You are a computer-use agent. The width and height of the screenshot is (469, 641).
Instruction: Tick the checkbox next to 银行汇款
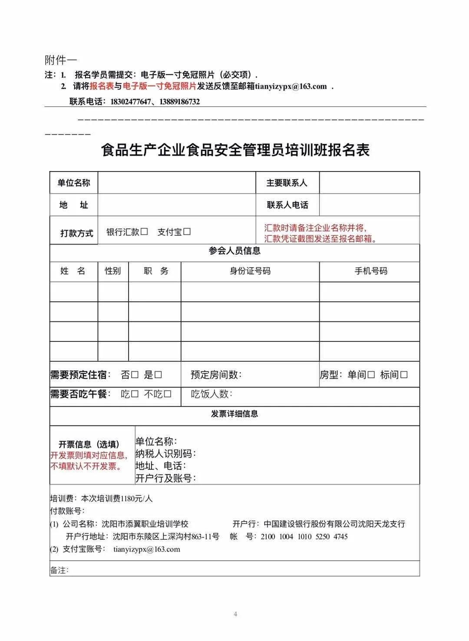point(144,232)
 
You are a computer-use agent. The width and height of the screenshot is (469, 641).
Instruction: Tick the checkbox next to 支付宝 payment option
point(187,232)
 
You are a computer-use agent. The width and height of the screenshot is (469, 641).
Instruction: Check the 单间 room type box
point(371,375)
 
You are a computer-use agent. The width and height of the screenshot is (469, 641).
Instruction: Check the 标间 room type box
point(404,375)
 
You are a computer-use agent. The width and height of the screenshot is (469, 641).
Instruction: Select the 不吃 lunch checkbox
point(168,394)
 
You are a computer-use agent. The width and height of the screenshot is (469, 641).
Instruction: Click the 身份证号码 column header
point(250,271)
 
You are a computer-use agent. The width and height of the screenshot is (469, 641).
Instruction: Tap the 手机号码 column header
point(370,271)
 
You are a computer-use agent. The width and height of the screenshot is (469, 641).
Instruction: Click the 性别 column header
point(112,271)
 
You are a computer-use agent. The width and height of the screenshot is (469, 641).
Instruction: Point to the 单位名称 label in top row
point(73,183)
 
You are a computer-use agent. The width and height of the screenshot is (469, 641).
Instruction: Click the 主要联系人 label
point(287,183)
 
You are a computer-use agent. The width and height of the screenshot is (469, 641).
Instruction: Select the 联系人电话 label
point(287,205)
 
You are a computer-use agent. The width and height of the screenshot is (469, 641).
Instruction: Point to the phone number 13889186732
point(179,102)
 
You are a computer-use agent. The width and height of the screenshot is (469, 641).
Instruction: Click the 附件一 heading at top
point(60,59)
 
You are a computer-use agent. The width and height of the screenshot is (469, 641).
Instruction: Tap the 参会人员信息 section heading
point(234,251)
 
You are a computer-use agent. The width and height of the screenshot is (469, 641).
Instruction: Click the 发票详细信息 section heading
point(234,414)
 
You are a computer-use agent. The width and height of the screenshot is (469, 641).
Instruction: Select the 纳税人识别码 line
point(165,454)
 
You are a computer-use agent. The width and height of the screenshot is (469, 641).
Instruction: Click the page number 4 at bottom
point(235,614)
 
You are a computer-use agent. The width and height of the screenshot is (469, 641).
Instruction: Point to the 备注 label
point(59,570)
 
